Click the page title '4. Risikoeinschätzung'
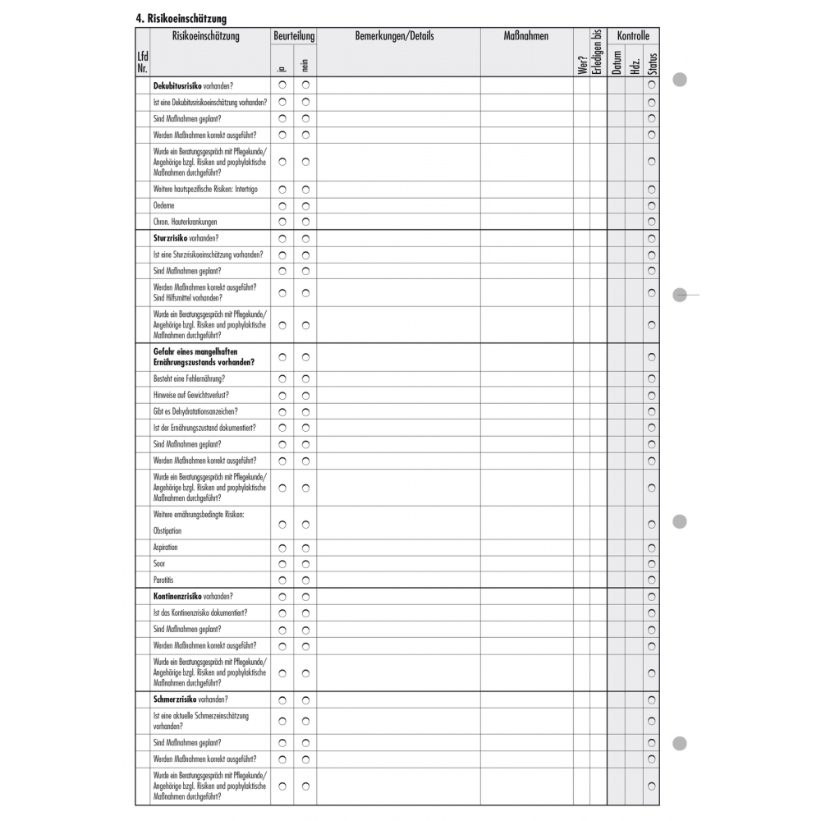point(181,18)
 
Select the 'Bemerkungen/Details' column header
point(394,36)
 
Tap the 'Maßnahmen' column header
point(525,36)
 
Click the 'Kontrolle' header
point(633,36)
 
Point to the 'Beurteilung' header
point(294,36)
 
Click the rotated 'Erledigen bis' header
point(599,52)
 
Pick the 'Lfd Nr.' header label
point(143,62)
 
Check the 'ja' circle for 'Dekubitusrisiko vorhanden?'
point(282,85)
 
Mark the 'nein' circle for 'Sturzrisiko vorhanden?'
point(305,238)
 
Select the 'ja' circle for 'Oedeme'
point(282,205)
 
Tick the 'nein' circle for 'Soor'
point(305,564)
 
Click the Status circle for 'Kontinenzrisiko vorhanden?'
point(652,597)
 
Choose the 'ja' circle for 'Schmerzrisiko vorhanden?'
point(282,700)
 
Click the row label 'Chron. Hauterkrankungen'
point(185,222)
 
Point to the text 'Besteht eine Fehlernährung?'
point(189,378)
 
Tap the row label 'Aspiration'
point(165,548)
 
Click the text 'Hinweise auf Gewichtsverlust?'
point(190,395)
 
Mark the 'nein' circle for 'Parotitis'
point(305,580)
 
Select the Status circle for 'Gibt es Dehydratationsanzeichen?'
point(652,411)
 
